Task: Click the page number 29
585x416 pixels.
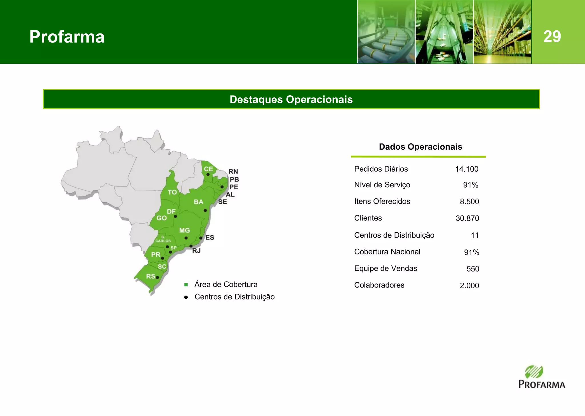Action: [x=552, y=37]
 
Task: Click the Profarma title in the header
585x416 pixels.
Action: [x=67, y=37]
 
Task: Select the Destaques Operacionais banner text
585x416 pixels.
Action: [x=291, y=99]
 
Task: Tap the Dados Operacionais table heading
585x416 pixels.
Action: [x=420, y=147]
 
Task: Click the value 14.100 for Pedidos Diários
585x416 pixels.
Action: [x=466, y=169]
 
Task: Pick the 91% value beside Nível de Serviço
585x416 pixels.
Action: [x=470, y=185]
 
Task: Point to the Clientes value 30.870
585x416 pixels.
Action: [x=467, y=218]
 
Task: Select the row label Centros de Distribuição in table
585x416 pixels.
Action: [x=394, y=235]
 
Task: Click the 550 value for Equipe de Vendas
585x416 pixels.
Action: [x=473, y=269]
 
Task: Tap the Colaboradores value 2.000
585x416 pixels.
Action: [x=469, y=286]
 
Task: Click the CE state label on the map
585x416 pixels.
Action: [x=208, y=169]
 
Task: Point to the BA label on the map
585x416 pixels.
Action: [x=199, y=202]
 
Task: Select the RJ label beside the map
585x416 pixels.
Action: [x=196, y=251]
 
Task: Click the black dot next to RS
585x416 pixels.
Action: [x=157, y=278]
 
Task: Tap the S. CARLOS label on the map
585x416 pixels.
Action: [x=163, y=239]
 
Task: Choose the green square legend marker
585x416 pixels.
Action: [x=186, y=285]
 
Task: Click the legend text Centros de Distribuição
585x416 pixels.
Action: [x=234, y=297]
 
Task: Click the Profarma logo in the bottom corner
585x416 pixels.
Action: [x=541, y=377]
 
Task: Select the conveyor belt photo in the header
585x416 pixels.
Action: [x=386, y=32]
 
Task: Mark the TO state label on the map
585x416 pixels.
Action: [x=172, y=192]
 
